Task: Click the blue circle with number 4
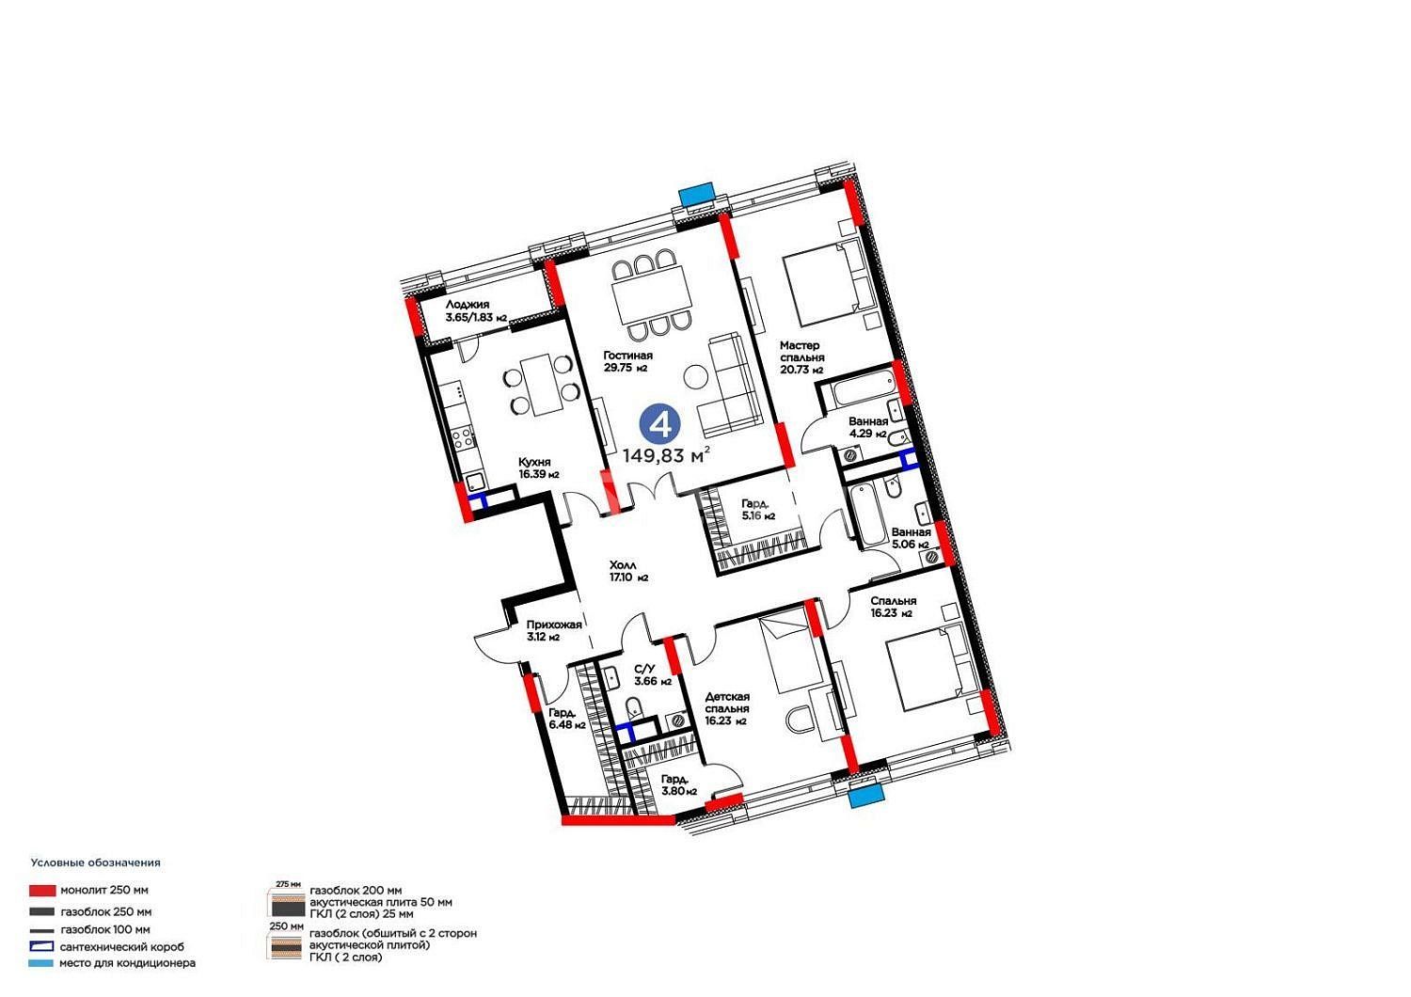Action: [x=660, y=424]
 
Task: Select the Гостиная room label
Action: [x=627, y=361]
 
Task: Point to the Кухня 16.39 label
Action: [x=538, y=468]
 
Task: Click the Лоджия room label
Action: [x=476, y=311]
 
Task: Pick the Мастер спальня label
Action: [x=801, y=357]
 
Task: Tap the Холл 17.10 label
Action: [x=628, y=571]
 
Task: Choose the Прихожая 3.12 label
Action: [x=554, y=630]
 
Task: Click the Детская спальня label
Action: [x=727, y=708]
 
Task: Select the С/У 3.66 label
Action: [x=653, y=674]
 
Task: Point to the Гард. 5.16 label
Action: [x=758, y=510]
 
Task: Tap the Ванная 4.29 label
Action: [x=868, y=427]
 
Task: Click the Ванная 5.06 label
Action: [x=911, y=538]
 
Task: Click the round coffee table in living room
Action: [x=695, y=377]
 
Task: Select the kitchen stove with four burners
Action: [x=463, y=437]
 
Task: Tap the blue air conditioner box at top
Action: [x=697, y=194]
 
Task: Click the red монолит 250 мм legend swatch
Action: [x=42, y=891]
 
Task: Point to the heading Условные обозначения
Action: [x=96, y=862]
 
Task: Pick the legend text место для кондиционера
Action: [x=127, y=963]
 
